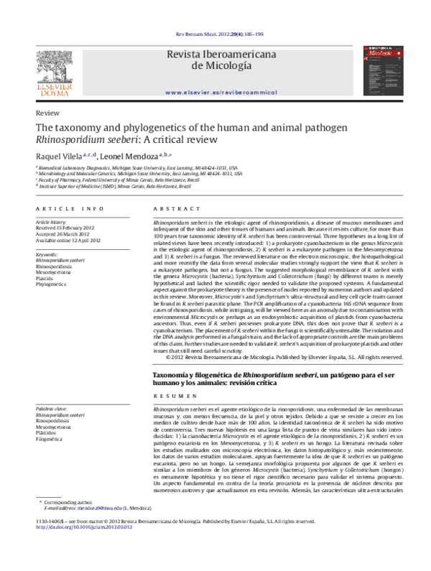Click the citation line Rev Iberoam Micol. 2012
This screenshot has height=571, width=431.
point(215,34)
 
